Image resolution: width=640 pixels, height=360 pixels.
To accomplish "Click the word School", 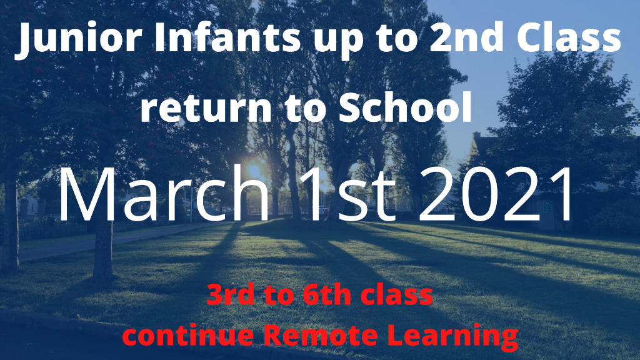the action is pyautogui.click(x=405, y=107).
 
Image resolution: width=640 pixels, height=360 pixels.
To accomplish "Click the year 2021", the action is pyautogui.click(x=496, y=194).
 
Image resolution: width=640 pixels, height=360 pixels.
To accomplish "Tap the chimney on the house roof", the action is pyautogui.click(x=476, y=136).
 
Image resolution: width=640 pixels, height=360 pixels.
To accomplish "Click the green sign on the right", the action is pyautogui.click(x=547, y=206).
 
